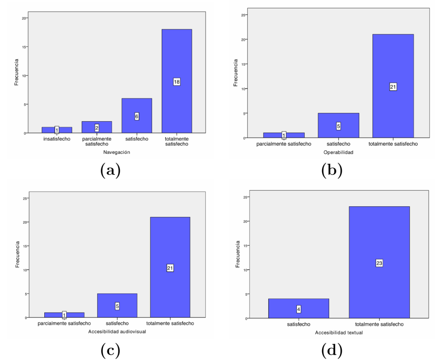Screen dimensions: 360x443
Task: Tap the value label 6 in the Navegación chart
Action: pos(137,116)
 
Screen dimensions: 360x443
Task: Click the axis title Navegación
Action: pos(117,152)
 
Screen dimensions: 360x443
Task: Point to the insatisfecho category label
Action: pos(57,139)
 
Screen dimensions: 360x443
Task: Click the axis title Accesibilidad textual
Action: pos(339,333)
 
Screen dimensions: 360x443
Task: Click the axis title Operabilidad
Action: pos(338,152)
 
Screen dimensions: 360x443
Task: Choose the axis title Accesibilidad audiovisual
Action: pos(117,331)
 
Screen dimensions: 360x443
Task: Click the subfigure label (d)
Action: pos(332,350)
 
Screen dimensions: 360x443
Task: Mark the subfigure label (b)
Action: pos(332,170)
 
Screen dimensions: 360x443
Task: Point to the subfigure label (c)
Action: pos(110,350)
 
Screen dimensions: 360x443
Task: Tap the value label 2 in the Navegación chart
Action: pos(97,128)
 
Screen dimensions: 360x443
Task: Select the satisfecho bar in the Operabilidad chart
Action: pos(338,126)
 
